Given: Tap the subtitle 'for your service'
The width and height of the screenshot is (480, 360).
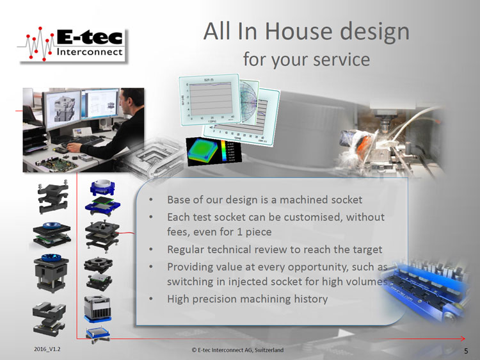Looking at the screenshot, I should click(306, 59).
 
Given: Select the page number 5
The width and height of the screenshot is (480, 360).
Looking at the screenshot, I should click(465, 351).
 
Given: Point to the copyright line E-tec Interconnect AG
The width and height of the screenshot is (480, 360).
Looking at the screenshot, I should click(237, 351).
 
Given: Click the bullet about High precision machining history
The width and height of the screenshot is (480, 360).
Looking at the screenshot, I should click(247, 299).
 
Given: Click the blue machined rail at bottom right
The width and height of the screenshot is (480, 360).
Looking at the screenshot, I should click(429, 291).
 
